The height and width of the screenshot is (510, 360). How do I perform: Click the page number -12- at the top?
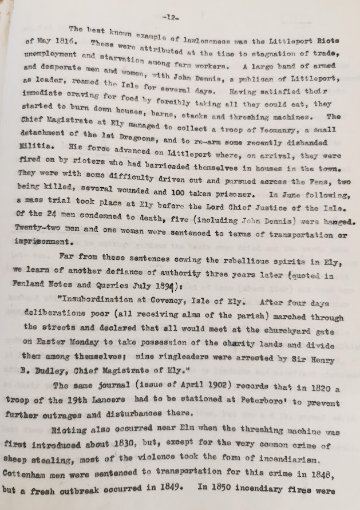click(x=185, y=15)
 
